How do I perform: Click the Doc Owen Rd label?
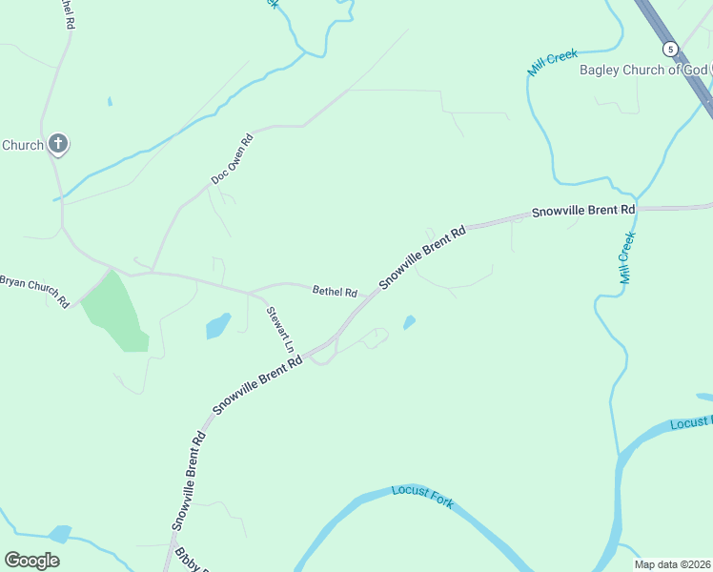click(x=233, y=159)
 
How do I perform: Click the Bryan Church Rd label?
click(x=34, y=290)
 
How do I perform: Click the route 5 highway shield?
click(x=671, y=49)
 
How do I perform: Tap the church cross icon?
click(x=58, y=145)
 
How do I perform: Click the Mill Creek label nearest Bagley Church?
click(x=553, y=63)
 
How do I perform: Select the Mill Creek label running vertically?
click(x=626, y=258)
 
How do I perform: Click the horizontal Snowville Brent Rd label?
click(x=583, y=210)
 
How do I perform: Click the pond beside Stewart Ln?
click(x=218, y=325)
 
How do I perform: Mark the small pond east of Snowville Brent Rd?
click(x=409, y=322)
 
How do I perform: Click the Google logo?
click(x=32, y=561)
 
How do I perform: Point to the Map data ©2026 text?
click(x=672, y=564)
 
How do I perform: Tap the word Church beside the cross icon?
click(x=23, y=145)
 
